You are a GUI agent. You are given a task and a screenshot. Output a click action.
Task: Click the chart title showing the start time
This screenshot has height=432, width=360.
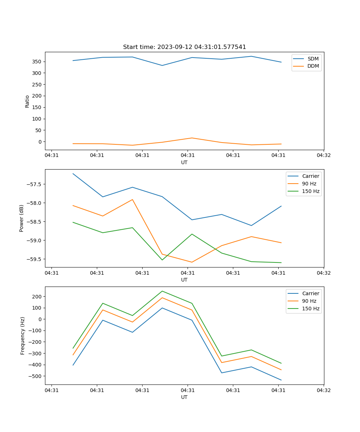[184, 47]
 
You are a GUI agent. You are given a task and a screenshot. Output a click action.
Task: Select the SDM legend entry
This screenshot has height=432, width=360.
[313, 59]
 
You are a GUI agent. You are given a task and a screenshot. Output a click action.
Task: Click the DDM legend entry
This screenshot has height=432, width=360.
[313, 66]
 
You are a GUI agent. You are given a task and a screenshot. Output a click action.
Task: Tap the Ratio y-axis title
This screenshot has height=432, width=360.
[27, 101]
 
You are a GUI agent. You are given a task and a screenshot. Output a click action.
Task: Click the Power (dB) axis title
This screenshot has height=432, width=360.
[22, 219]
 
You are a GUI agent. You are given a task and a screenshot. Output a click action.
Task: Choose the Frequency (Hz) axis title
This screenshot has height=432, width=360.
[23, 336]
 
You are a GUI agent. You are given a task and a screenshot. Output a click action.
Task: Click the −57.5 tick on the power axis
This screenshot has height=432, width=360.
[35, 184]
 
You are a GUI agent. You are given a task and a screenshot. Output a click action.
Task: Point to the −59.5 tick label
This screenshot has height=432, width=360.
[35, 259]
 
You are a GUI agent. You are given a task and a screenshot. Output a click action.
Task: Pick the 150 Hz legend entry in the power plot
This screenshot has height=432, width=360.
[311, 191]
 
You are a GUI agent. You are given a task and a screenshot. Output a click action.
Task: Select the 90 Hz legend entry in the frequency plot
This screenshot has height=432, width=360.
[309, 301]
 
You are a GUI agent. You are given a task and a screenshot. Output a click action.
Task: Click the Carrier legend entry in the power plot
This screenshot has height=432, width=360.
[310, 176]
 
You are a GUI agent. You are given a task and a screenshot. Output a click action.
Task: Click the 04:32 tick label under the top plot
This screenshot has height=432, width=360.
[323, 156]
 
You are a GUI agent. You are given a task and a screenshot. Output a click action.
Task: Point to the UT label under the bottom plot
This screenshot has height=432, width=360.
[184, 397]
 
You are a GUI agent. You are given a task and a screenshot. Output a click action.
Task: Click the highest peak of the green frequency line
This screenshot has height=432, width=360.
[162, 291]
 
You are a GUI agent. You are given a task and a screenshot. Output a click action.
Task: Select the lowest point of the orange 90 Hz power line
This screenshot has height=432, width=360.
[192, 262]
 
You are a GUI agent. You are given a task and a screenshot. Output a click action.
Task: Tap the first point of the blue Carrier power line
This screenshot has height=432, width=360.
[73, 174]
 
